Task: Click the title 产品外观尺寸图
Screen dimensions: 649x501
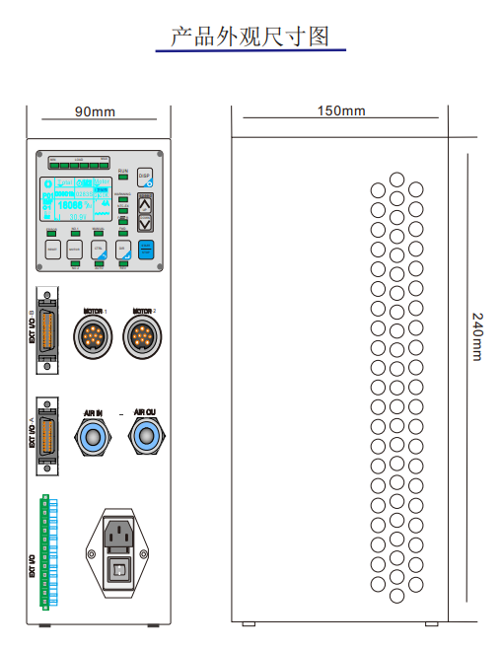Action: coord(250,36)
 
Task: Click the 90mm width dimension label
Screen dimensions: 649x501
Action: coord(95,111)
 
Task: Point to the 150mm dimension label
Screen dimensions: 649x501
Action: coord(341,110)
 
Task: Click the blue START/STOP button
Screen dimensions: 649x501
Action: coord(145,250)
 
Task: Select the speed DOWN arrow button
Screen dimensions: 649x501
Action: coord(145,224)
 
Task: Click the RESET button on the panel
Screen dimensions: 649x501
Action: coord(53,251)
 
